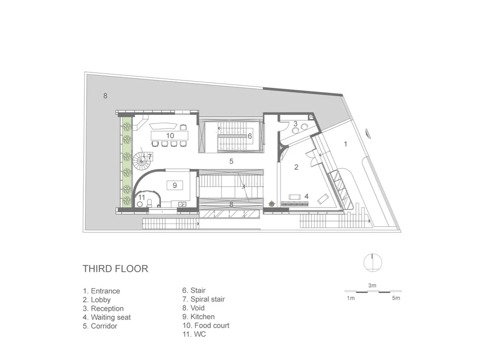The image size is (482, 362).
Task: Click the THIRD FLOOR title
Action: [115, 269]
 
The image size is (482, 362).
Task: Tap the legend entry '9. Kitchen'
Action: [198, 317]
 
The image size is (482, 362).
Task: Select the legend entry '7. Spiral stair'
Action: [203, 299]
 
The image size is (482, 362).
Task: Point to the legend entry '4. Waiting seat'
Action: [107, 318]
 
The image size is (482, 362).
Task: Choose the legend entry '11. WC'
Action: [194, 334]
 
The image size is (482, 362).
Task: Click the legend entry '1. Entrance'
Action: [101, 291]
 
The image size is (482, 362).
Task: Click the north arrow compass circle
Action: [373, 263]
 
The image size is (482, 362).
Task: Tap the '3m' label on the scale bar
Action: [372, 286]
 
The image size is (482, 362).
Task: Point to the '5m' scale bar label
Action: [396, 298]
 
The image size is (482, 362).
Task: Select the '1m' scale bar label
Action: [351, 298]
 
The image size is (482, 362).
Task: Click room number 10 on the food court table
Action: [170, 136]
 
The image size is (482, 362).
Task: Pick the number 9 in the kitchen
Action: [175, 185]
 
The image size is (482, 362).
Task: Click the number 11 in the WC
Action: [141, 197]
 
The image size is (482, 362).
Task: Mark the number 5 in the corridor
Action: [231, 161]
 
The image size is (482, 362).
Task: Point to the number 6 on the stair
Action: [250, 136]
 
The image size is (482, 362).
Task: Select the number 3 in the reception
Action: [295, 124]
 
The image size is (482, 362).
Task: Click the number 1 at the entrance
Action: [346, 144]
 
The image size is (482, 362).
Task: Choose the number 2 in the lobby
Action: [296, 167]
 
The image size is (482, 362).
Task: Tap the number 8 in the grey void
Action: [105, 96]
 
